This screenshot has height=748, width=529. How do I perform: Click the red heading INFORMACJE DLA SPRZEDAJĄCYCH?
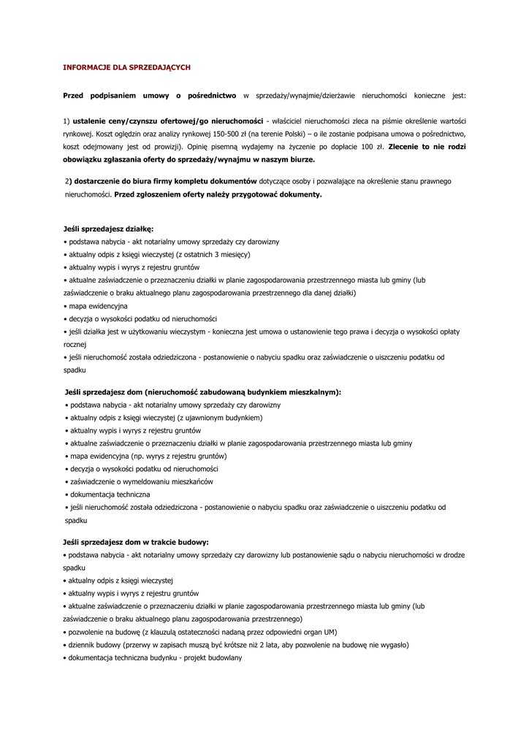click(x=126, y=67)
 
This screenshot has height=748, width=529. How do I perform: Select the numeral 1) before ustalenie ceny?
click(x=66, y=121)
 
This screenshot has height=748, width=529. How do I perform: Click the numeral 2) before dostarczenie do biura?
click(x=68, y=180)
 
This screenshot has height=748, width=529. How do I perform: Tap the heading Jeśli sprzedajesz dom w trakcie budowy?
click(x=136, y=542)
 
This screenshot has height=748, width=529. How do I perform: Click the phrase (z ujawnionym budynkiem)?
click(x=219, y=418)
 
